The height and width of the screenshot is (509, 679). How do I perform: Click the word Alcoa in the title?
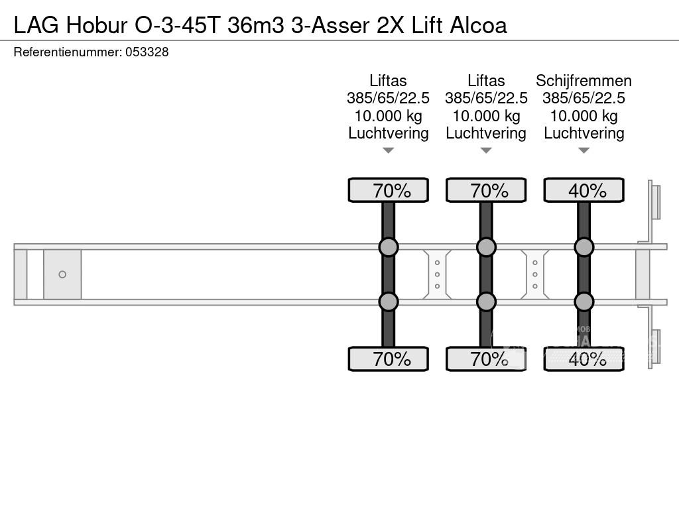pos(479,25)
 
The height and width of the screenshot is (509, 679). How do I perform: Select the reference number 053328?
pos(147,52)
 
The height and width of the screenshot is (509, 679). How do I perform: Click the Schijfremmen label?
pos(584,81)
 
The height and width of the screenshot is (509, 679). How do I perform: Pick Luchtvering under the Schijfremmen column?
pos(584,133)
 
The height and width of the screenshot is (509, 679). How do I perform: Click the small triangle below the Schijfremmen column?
pos(584,150)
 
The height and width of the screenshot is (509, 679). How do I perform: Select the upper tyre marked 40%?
pos(584,191)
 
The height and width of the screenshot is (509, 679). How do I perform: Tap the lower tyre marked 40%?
pos(584,359)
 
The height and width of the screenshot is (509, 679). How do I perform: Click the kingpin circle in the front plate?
pos(62,274)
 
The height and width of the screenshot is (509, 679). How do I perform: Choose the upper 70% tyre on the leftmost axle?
pos(389,191)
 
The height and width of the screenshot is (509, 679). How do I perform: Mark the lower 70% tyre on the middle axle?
pos(486,359)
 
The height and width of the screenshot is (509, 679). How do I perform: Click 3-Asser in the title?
pos(334,25)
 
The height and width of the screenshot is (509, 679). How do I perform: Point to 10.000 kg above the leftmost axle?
pos(389,116)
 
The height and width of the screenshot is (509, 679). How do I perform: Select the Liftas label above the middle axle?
pos(486,81)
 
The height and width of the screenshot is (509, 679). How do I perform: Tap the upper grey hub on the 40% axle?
pos(584,247)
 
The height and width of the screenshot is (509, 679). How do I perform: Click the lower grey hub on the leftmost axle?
pos(389,302)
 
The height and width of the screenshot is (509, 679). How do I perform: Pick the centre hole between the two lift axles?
pos(438,274)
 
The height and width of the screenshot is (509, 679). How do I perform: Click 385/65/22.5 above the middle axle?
pos(486,98)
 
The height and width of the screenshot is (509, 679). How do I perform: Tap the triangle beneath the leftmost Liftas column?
pos(389,150)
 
